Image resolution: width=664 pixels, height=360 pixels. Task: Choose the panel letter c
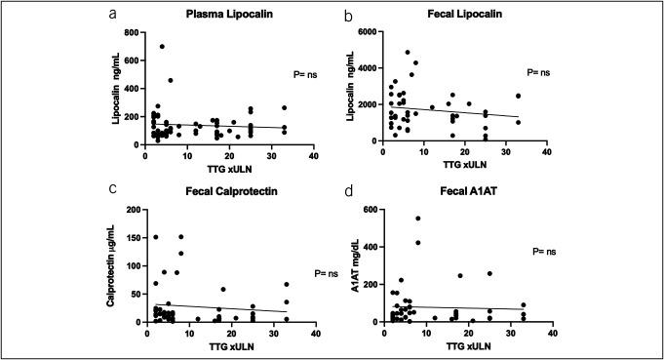115,190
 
